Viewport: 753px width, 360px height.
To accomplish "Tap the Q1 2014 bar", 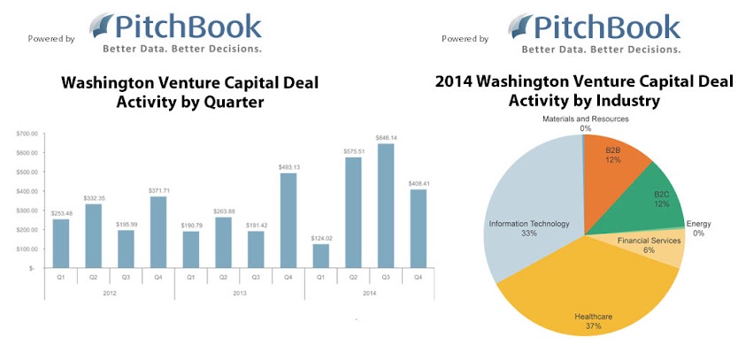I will (x=320, y=256).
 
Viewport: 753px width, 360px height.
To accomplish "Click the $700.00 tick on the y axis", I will (x=26, y=134).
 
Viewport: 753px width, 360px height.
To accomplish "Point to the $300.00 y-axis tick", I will (x=26, y=210).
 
